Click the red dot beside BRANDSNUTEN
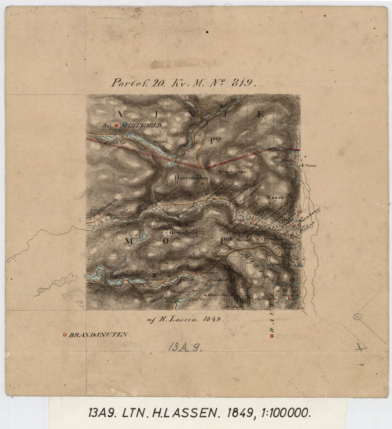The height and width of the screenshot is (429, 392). [x=64, y=335]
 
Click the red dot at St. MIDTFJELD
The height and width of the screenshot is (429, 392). [x=116, y=125]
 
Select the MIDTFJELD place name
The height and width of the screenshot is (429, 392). [x=142, y=125]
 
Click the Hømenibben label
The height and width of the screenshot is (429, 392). [x=191, y=178]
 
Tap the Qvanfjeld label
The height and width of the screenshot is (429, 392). [x=183, y=233]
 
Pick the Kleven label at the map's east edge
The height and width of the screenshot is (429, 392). [x=310, y=165]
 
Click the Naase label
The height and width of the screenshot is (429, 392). [x=275, y=198]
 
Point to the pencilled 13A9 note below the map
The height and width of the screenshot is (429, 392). [x=185, y=347]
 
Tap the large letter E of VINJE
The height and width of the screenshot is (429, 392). [x=260, y=115]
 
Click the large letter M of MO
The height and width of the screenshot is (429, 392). [x=129, y=241]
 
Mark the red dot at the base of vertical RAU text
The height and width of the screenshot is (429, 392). [x=272, y=336]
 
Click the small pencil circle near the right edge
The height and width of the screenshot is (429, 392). [x=357, y=317]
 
